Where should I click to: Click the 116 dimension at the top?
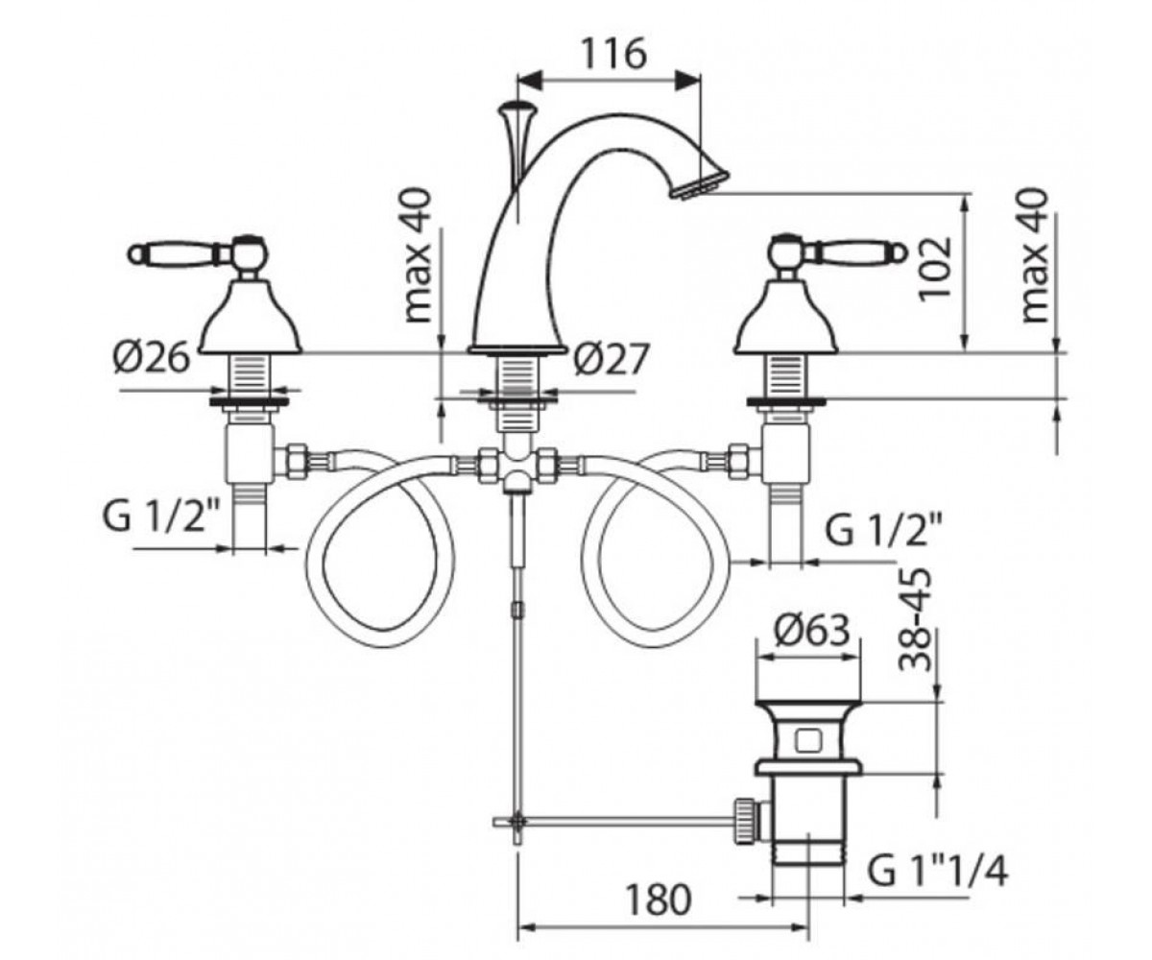click(614, 54)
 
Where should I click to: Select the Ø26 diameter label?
click(152, 357)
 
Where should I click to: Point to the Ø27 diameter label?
click(612, 359)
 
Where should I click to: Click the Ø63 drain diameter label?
click(810, 630)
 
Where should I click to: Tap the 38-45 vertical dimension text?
click(914, 619)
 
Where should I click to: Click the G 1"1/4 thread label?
click(937, 871)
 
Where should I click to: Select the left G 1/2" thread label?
click(161, 516)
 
